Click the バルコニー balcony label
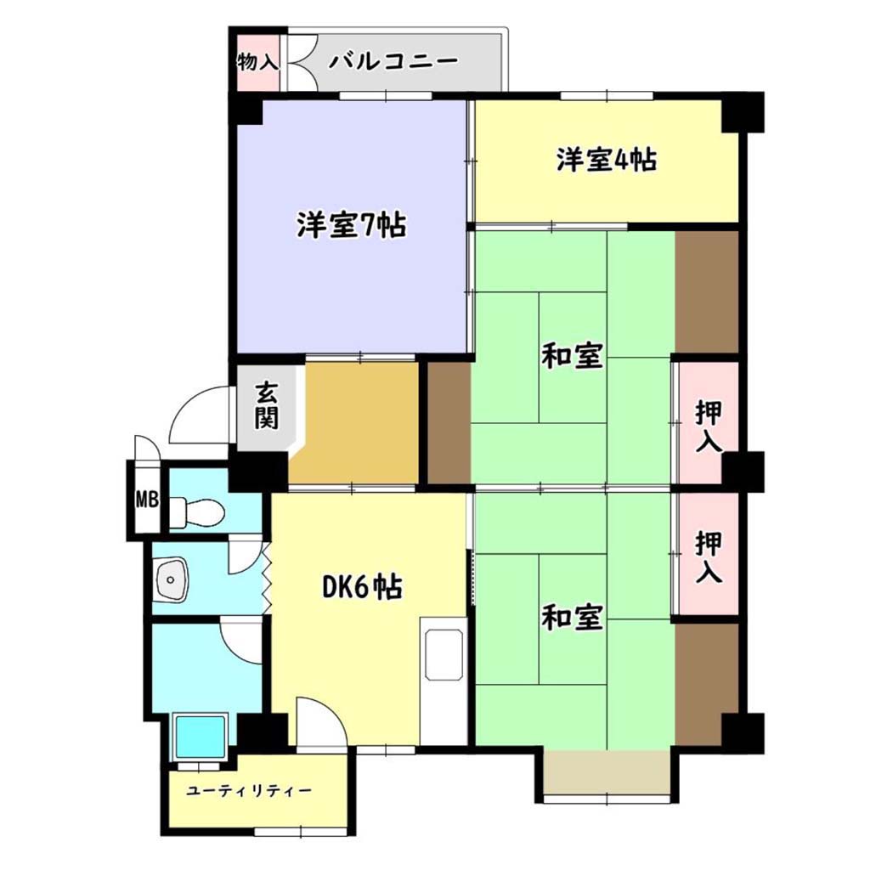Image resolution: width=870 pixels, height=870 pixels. (393, 61)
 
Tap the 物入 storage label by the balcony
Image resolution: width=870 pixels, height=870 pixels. (257, 61)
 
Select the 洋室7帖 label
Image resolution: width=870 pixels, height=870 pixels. (351, 224)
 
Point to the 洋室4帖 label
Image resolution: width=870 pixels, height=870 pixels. (607, 159)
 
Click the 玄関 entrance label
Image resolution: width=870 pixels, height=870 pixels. (266, 406)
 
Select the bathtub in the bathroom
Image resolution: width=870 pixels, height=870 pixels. (201, 737)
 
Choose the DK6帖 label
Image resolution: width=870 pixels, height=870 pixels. (363, 588)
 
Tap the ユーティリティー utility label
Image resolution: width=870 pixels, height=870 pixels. (249, 790)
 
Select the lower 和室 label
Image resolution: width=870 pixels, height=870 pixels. (572, 618)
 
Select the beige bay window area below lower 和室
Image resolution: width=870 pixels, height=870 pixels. (607, 772)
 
